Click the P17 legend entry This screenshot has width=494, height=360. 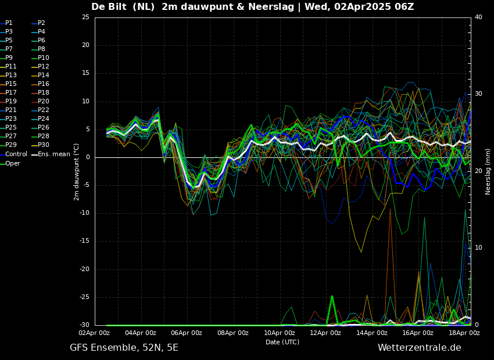(11, 93)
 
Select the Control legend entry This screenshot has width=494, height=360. (16, 154)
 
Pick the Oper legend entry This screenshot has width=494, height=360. (13, 163)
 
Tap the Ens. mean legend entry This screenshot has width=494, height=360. (54, 154)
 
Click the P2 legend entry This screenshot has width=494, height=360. (41, 23)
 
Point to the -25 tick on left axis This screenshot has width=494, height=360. (85, 297)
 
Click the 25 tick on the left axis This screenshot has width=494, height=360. (85, 17)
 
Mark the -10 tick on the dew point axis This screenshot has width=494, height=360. (85, 213)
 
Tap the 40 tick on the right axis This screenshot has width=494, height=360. (478, 17)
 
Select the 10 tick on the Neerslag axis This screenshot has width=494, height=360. (478, 248)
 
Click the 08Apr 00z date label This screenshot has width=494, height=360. (233, 333)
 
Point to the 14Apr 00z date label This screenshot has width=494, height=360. (372, 333)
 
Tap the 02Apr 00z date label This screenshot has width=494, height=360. (94, 333)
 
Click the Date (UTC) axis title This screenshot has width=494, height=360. (282, 342)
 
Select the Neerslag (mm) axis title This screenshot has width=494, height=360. (488, 171)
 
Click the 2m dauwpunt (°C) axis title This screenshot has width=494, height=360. (77, 171)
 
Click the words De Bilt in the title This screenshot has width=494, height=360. (113, 7)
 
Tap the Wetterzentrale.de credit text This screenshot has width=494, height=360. (419, 348)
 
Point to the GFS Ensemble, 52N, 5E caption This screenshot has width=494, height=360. (124, 348)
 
